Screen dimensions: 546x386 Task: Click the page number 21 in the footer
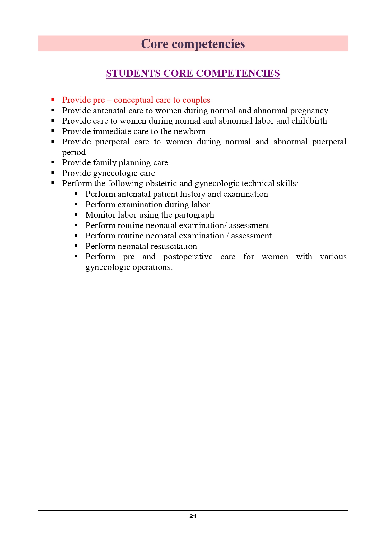193,516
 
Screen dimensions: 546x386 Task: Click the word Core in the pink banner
155,44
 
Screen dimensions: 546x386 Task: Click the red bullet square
53,100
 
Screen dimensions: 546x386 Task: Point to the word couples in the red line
196,100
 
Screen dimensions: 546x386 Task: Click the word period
74,153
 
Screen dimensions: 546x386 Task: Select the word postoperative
188,257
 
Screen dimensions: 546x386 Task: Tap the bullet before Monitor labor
76,214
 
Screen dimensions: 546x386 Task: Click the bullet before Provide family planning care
53,162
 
